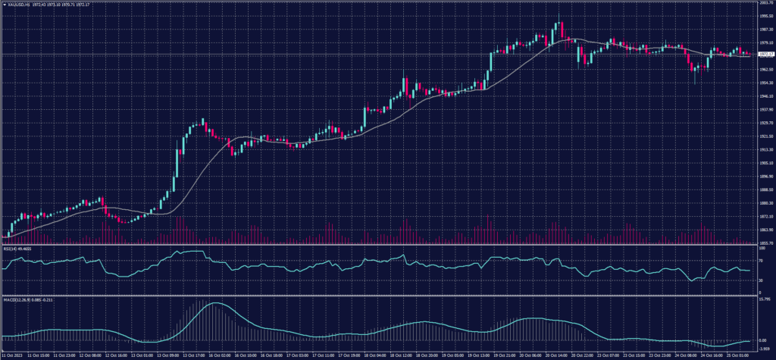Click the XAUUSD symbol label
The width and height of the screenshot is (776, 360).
click(x=17, y=3)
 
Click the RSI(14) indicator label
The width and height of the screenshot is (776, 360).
click(x=11, y=248)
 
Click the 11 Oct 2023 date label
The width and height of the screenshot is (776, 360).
click(x=14, y=354)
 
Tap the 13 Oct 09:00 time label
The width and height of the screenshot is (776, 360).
click(x=169, y=354)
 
